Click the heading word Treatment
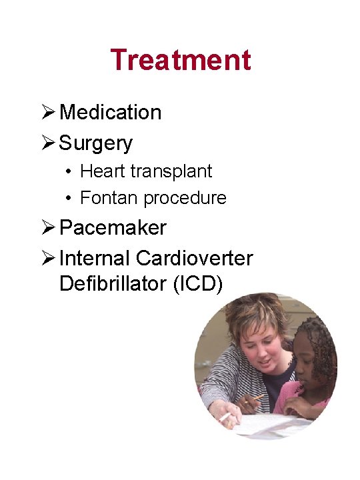click(x=181, y=59)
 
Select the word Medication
click(x=110, y=112)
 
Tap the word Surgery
click(x=95, y=143)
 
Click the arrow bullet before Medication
click(x=49, y=112)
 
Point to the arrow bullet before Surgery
click(x=49, y=143)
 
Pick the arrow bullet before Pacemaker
click(x=49, y=227)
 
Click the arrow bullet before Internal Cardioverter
click(x=49, y=257)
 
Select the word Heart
click(x=102, y=171)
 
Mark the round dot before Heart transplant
click(x=69, y=171)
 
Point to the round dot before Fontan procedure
click(x=69, y=199)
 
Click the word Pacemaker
click(x=113, y=227)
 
